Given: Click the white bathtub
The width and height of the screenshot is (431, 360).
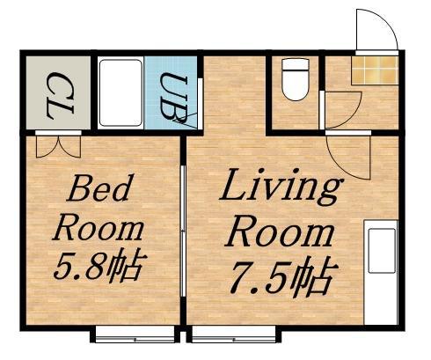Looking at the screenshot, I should [121, 92].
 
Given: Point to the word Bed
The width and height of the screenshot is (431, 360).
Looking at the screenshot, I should [101, 187].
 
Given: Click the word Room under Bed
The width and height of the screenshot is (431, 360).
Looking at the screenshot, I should [98, 229].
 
